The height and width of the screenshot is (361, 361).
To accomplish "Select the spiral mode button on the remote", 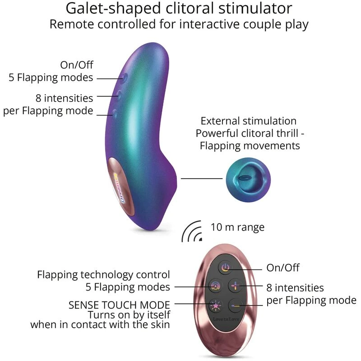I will pos(215,286).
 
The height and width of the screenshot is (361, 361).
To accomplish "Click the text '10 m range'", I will pos(237,227).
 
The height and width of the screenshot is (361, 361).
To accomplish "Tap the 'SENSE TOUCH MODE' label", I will pos(119,304).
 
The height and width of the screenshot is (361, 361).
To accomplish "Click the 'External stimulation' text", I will pos(249,121).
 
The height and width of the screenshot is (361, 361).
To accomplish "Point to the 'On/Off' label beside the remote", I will pos(282,268).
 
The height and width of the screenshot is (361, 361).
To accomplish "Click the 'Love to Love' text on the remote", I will pos(226,319).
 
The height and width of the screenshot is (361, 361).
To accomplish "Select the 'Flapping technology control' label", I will pos(103,274).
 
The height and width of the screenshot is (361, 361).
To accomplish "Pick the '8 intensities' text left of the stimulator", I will pos(64,98).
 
